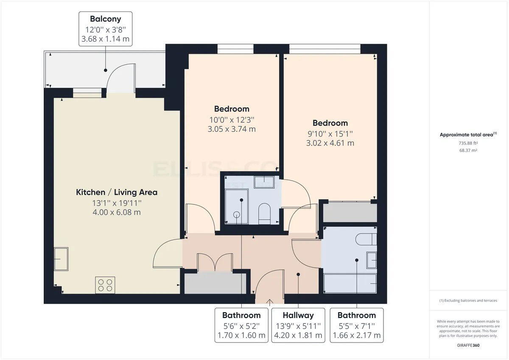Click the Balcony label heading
pos(105,19)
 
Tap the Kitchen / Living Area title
pos(117,192)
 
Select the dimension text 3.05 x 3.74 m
pos(232,129)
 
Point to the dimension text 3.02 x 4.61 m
pos(330,143)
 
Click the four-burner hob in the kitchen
pos(105,285)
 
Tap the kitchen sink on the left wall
pos(61,259)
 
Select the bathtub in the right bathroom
pos(350,283)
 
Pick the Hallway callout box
pos(298,325)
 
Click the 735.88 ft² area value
pos(468,143)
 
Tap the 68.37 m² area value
pos(468,151)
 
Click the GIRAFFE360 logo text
pos(468,345)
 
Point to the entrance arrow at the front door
pos(269,302)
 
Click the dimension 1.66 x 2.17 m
pos(356,336)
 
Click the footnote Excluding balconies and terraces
pos(468,301)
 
